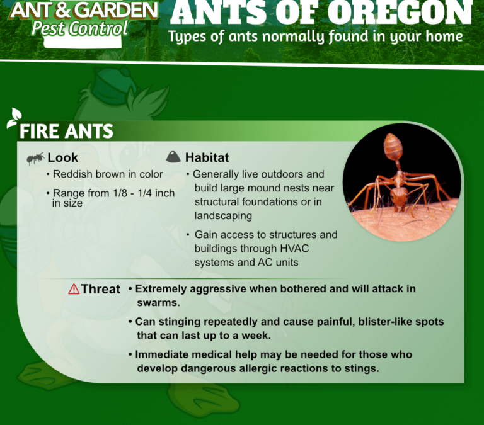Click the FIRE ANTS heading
pyautogui.click(x=66, y=131)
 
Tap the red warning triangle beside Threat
pyautogui.click(x=74, y=289)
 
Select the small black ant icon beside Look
pyautogui.click(x=35, y=159)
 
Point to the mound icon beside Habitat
pyautogui.click(x=173, y=157)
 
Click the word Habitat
pyautogui.click(x=207, y=157)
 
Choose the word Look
pyautogui.click(x=62, y=157)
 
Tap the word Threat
pyautogui.click(x=101, y=289)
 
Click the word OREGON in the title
pyautogui.click(x=400, y=13)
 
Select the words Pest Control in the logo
pyautogui.click(x=79, y=29)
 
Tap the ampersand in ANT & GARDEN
pyautogui.click(x=63, y=9)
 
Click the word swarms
pyautogui.click(x=158, y=303)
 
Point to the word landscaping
pyautogui.click(x=223, y=216)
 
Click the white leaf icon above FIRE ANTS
pyautogui.click(x=14, y=118)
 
